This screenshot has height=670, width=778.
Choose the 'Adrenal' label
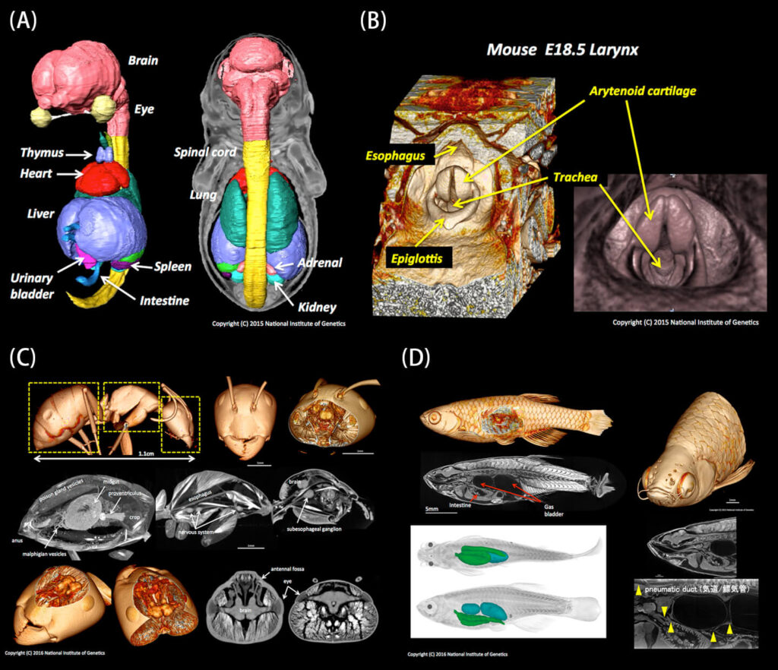click(319, 263)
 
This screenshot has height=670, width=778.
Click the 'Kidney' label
click(317, 308)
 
